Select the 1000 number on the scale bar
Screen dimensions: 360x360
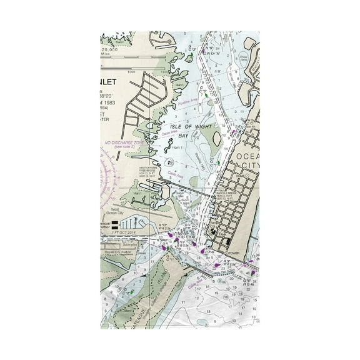pyautogui.click(x=131, y=71)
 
